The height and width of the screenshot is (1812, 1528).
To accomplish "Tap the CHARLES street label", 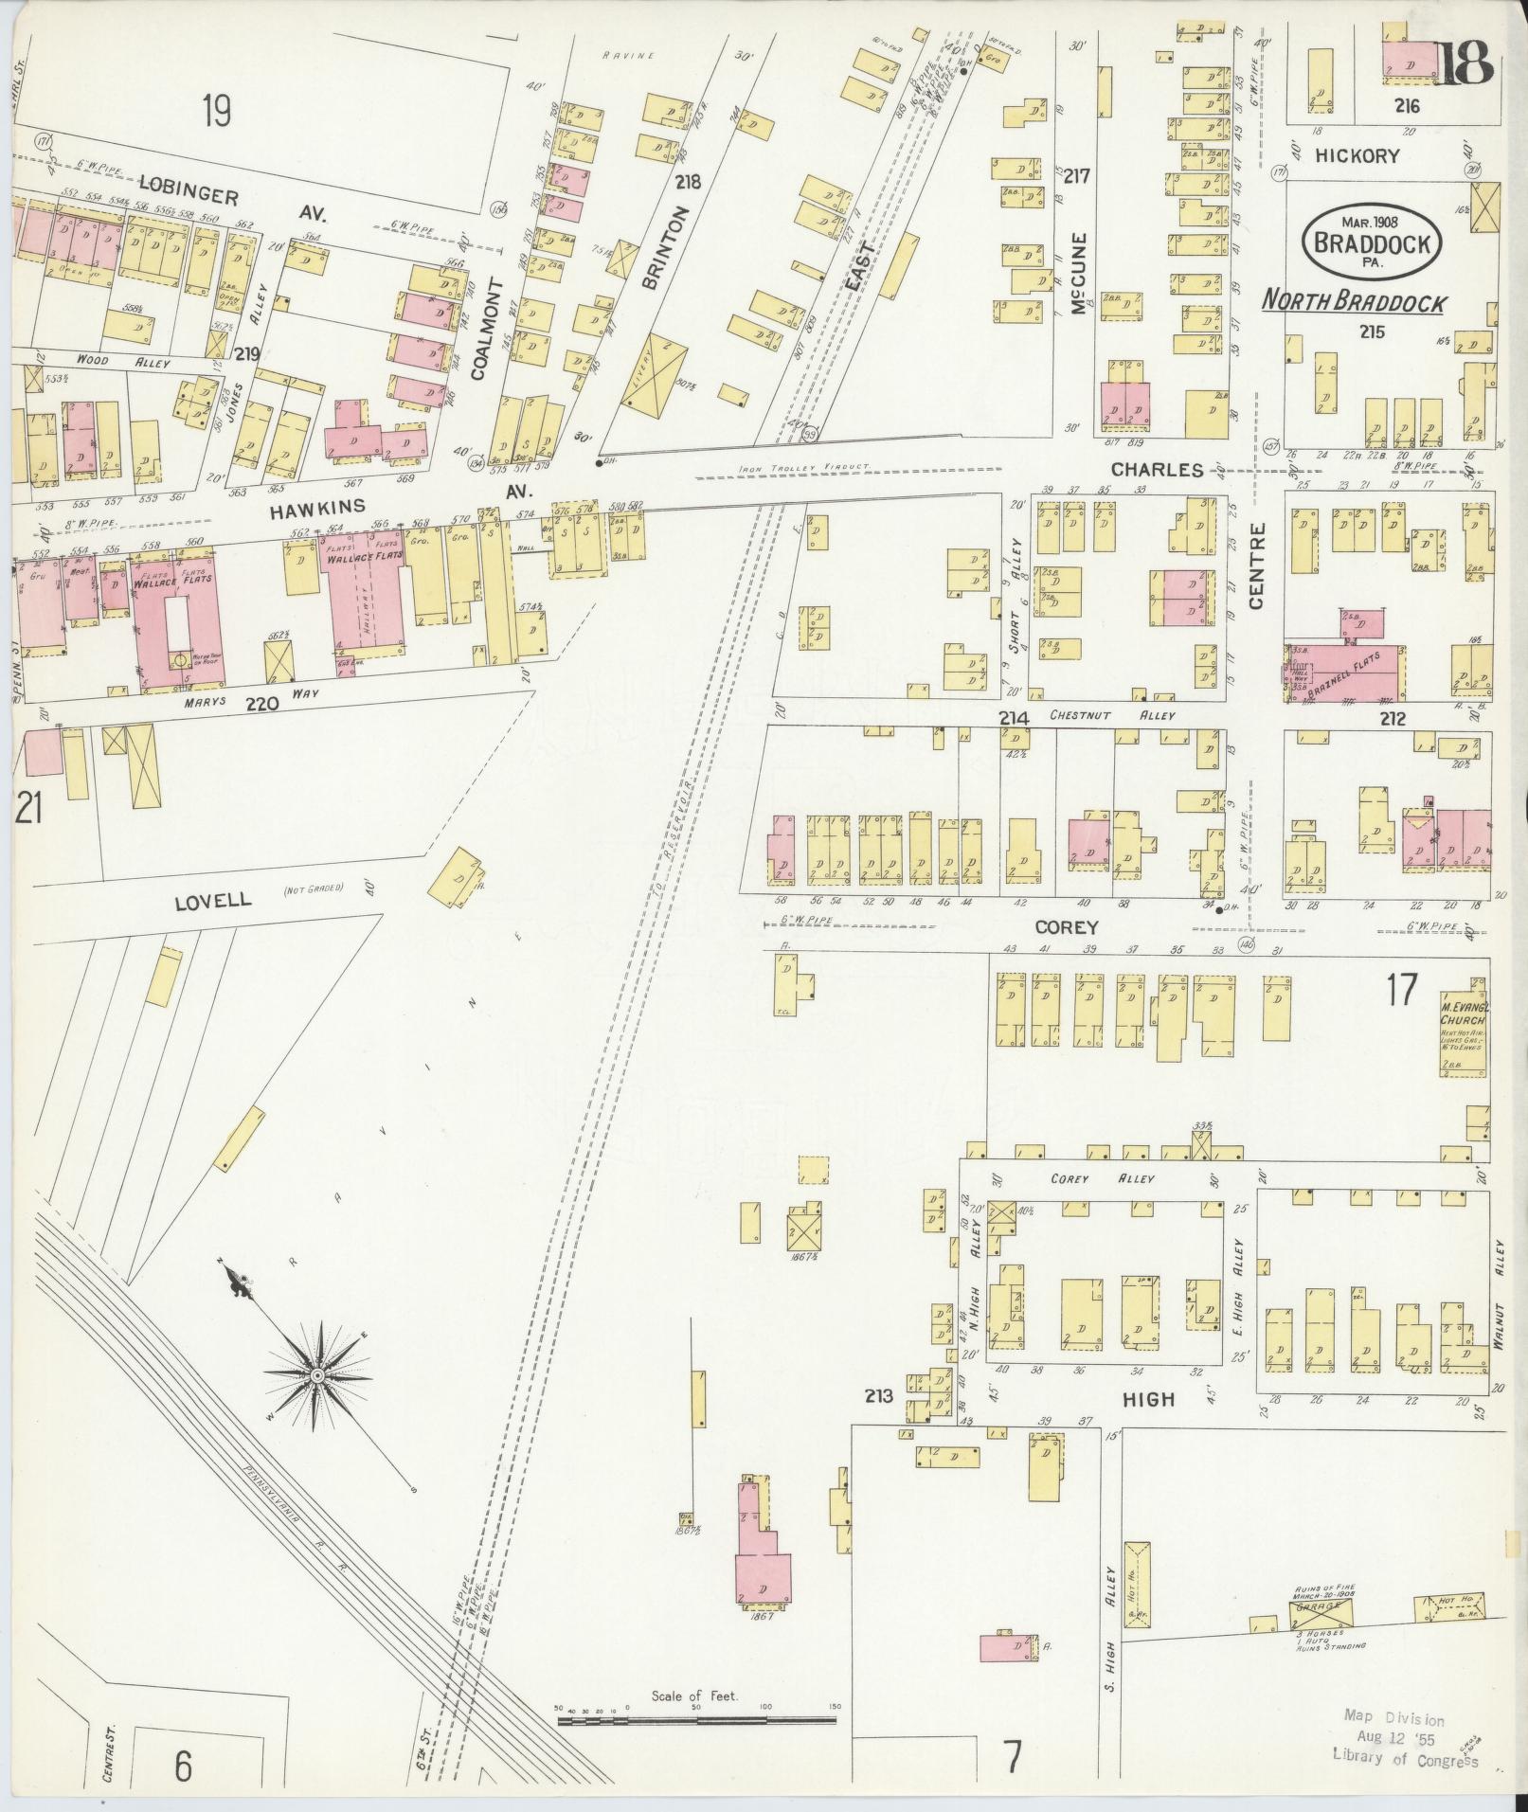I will coord(1157,469).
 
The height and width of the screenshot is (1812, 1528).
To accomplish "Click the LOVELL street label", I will coord(213,900).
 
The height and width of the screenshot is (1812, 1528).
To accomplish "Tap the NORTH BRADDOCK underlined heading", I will coord(1355,302).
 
